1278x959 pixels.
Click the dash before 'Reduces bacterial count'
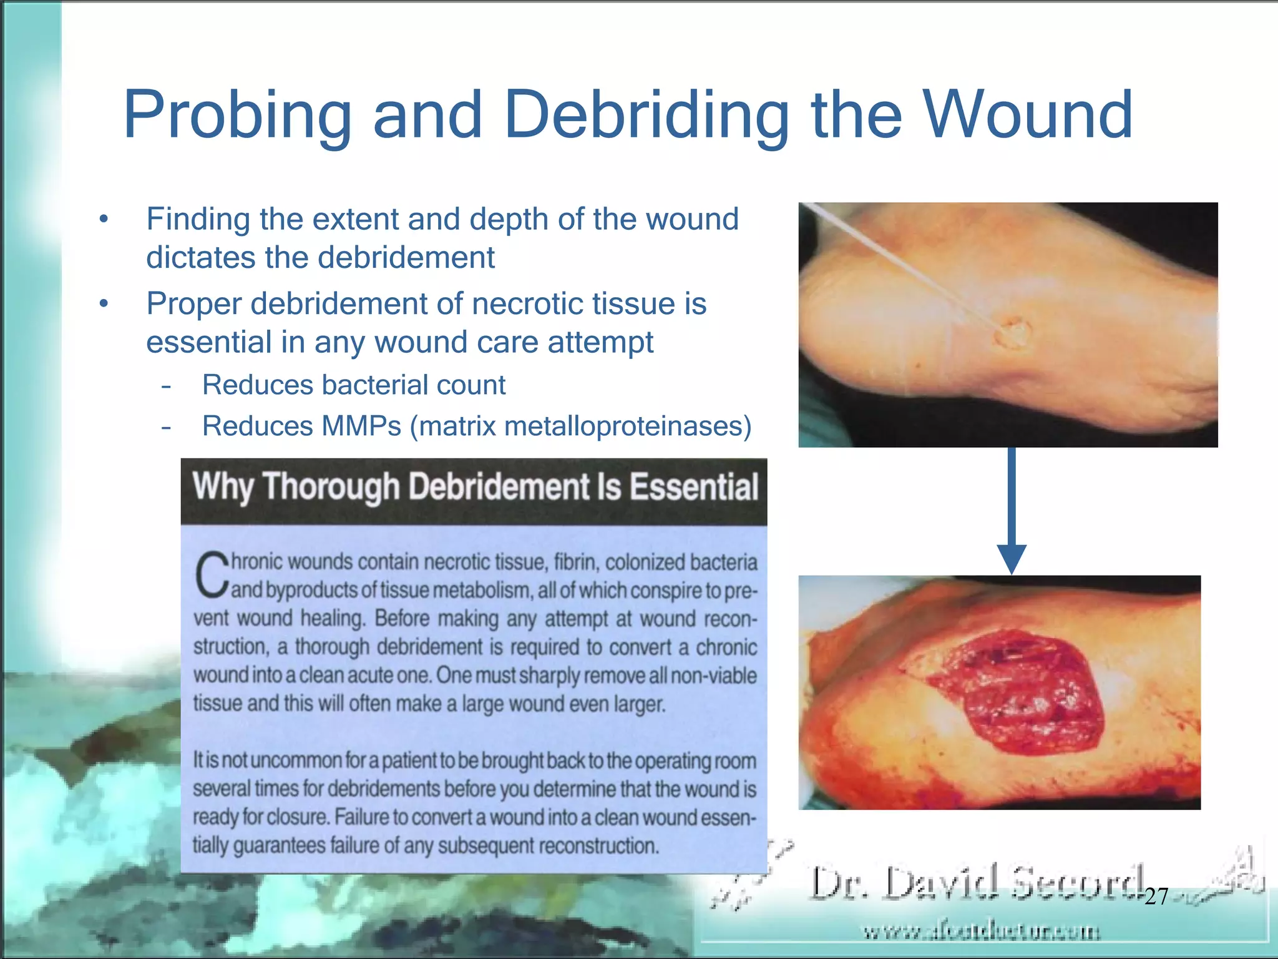point(166,386)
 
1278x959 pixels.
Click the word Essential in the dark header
point(693,487)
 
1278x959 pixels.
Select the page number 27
point(1156,897)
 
